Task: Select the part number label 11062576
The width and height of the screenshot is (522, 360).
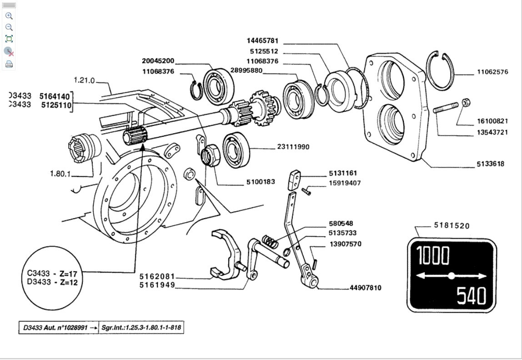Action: pyautogui.click(x=492, y=72)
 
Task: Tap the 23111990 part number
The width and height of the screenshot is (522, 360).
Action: pyautogui.click(x=293, y=147)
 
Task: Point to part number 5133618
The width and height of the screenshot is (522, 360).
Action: pyautogui.click(x=490, y=164)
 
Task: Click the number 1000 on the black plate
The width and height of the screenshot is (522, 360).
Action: pyautogui.click(x=433, y=256)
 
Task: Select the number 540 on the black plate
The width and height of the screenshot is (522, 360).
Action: pyautogui.click(x=471, y=296)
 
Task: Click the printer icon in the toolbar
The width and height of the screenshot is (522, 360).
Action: pyautogui.click(x=9, y=64)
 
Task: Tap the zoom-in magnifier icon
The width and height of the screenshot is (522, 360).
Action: pyautogui.click(x=9, y=16)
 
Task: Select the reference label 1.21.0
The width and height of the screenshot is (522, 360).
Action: pyautogui.click(x=84, y=81)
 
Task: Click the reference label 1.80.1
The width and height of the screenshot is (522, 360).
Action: pyautogui.click(x=60, y=174)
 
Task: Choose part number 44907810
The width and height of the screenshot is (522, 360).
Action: pyautogui.click(x=365, y=288)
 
